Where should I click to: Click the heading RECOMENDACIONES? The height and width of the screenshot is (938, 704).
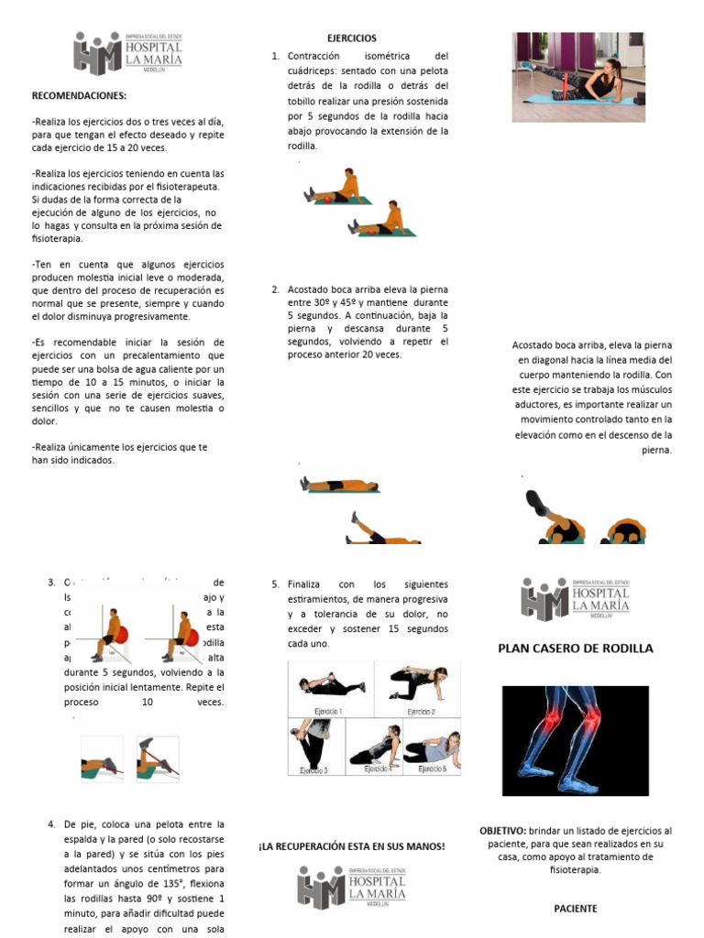tap(79, 94)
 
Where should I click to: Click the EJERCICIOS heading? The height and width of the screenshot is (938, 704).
tap(351, 38)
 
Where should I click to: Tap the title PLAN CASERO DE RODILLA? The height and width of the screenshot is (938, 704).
tap(575, 649)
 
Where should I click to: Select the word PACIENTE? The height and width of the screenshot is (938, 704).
tap(575, 909)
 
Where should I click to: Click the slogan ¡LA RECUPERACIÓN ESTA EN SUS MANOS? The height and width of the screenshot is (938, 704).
tap(351, 847)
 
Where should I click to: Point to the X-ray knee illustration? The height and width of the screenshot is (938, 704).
tap(575, 740)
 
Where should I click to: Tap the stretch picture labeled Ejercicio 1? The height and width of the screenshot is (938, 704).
tap(328, 686)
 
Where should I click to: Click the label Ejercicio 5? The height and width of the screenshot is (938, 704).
tap(433, 769)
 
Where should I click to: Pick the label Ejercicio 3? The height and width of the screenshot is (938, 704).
tap(314, 772)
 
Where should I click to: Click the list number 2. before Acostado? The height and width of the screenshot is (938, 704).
tap(275, 289)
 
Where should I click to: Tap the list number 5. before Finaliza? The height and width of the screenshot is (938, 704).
tap(275, 584)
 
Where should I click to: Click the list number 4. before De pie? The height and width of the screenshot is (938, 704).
tap(51, 824)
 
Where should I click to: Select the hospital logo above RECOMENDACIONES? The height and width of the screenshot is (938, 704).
tap(127, 53)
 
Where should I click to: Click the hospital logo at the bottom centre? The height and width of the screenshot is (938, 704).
tap(351, 887)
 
